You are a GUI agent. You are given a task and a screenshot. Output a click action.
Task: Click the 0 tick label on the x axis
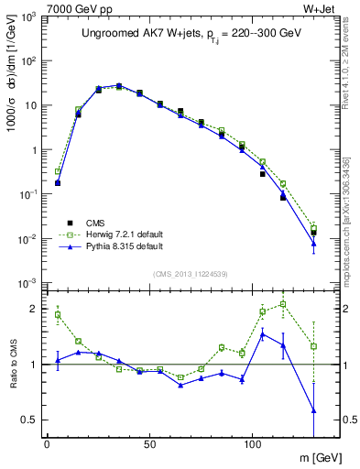(x=47, y=443)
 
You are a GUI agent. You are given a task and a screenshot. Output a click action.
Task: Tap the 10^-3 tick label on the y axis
(x=28, y=282)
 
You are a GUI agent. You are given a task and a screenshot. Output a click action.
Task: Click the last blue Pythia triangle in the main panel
(x=313, y=243)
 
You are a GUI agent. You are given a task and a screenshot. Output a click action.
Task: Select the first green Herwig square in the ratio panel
(x=58, y=314)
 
